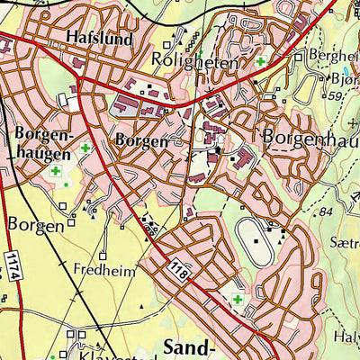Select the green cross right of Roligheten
click(x=261, y=62)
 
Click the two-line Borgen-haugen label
click(x=41, y=142)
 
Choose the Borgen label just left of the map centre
click(x=141, y=140)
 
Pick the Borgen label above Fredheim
click(x=36, y=224)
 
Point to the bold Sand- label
click(x=191, y=346)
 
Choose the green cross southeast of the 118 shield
click(x=238, y=300)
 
